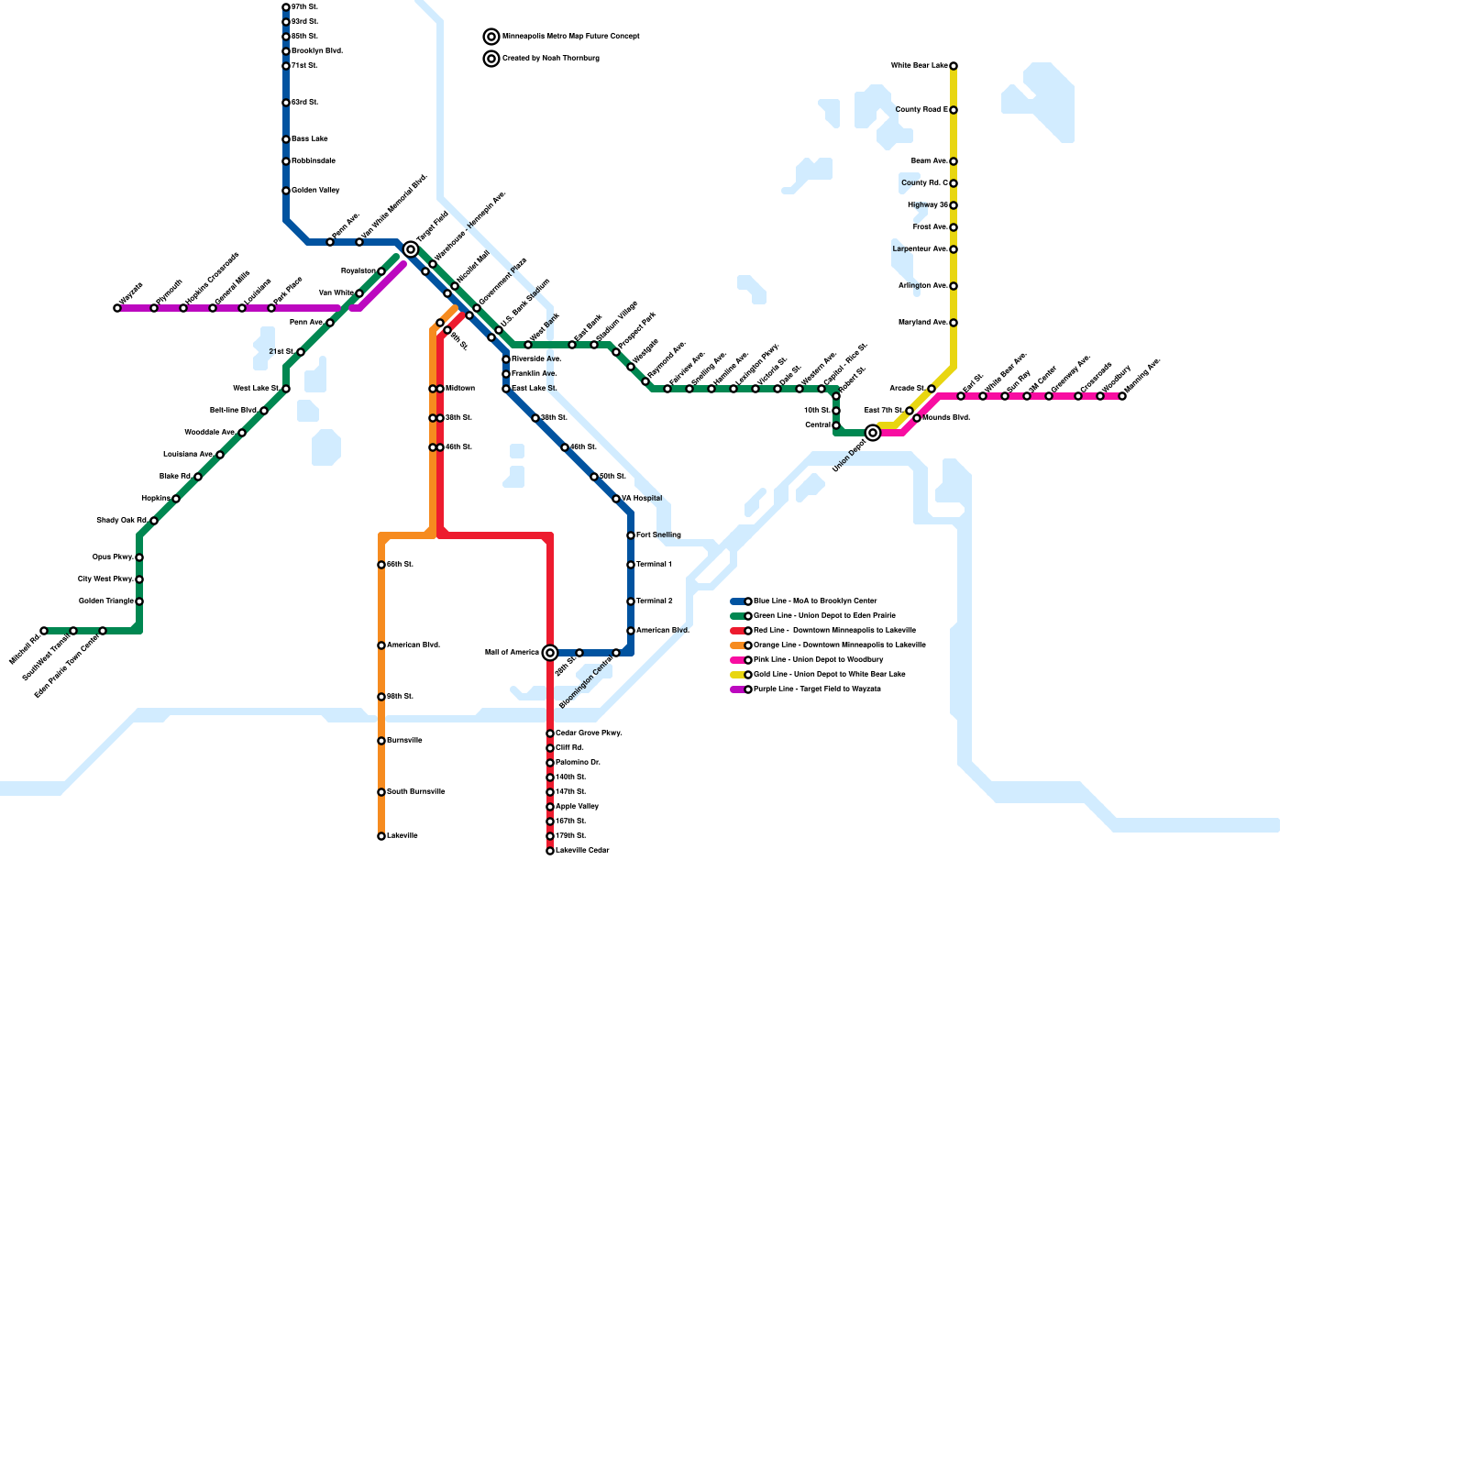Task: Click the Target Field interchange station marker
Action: coord(411,249)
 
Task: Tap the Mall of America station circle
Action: coord(550,653)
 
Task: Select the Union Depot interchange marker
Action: coord(873,433)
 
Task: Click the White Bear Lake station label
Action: coord(919,66)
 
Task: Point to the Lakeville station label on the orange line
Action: coord(403,836)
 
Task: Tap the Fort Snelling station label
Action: coord(658,535)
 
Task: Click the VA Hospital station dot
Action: coord(616,499)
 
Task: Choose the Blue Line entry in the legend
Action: coord(814,601)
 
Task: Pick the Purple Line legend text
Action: coord(816,689)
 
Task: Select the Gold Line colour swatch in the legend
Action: coord(737,675)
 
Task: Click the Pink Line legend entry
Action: coord(818,660)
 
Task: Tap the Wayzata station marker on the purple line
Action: coord(117,308)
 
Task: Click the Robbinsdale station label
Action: coord(314,161)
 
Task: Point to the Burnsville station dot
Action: coord(381,741)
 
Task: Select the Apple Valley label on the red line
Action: coord(577,807)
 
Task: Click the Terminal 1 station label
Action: coord(655,565)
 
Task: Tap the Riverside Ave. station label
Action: coord(536,359)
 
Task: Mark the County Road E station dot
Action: coord(954,110)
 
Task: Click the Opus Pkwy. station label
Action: coord(113,557)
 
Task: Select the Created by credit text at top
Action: coord(550,59)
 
